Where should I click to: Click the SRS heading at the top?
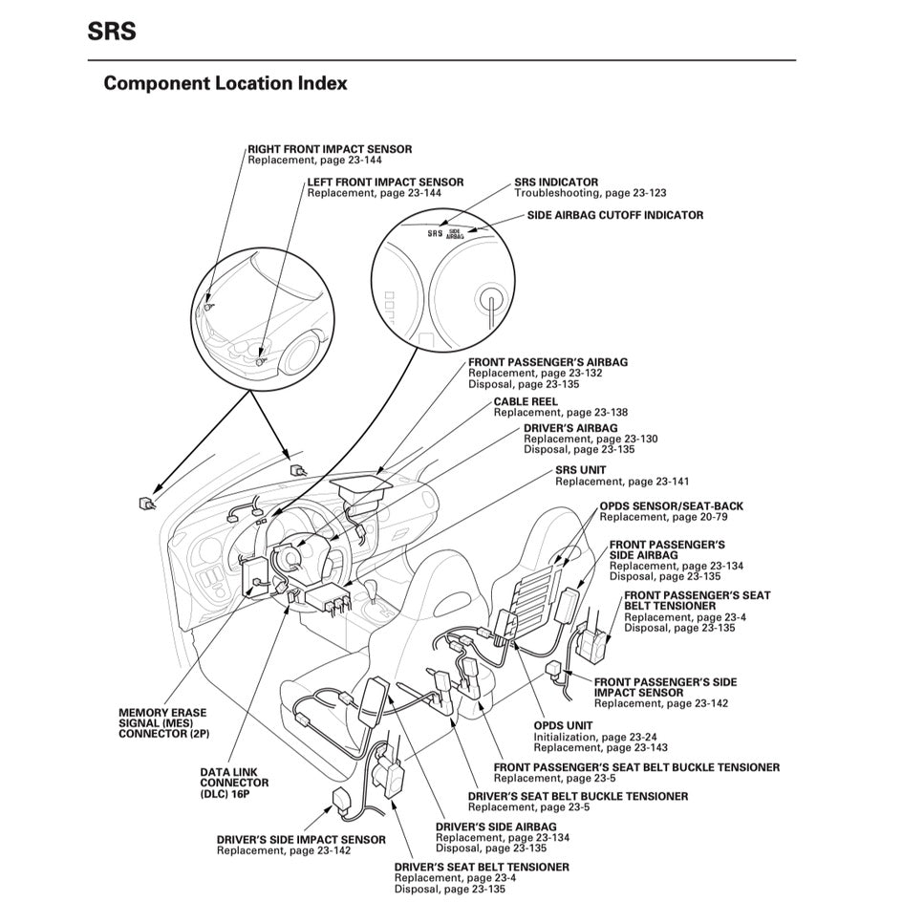(x=112, y=31)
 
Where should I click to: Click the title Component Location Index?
(x=225, y=83)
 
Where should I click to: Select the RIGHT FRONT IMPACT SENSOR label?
(x=330, y=149)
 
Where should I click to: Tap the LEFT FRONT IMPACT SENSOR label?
(x=385, y=182)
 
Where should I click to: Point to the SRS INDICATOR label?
(x=556, y=182)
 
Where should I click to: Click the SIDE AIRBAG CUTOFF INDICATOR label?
(x=614, y=215)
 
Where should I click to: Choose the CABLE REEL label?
(x=526, y=401)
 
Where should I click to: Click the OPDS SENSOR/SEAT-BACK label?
(x=671, y=506)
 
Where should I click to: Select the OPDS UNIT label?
(x=563, y=725)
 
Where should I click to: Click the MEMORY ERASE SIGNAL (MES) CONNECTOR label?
(x=162, y=723)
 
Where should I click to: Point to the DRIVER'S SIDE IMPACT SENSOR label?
(x=301, y=839)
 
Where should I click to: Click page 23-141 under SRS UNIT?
(x=655, y=482)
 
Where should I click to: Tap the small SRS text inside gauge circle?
(x=435, y=232)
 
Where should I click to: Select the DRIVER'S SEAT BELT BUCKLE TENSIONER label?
(x=577, y=796)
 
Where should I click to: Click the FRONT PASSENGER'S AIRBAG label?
(x=548, y=362)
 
